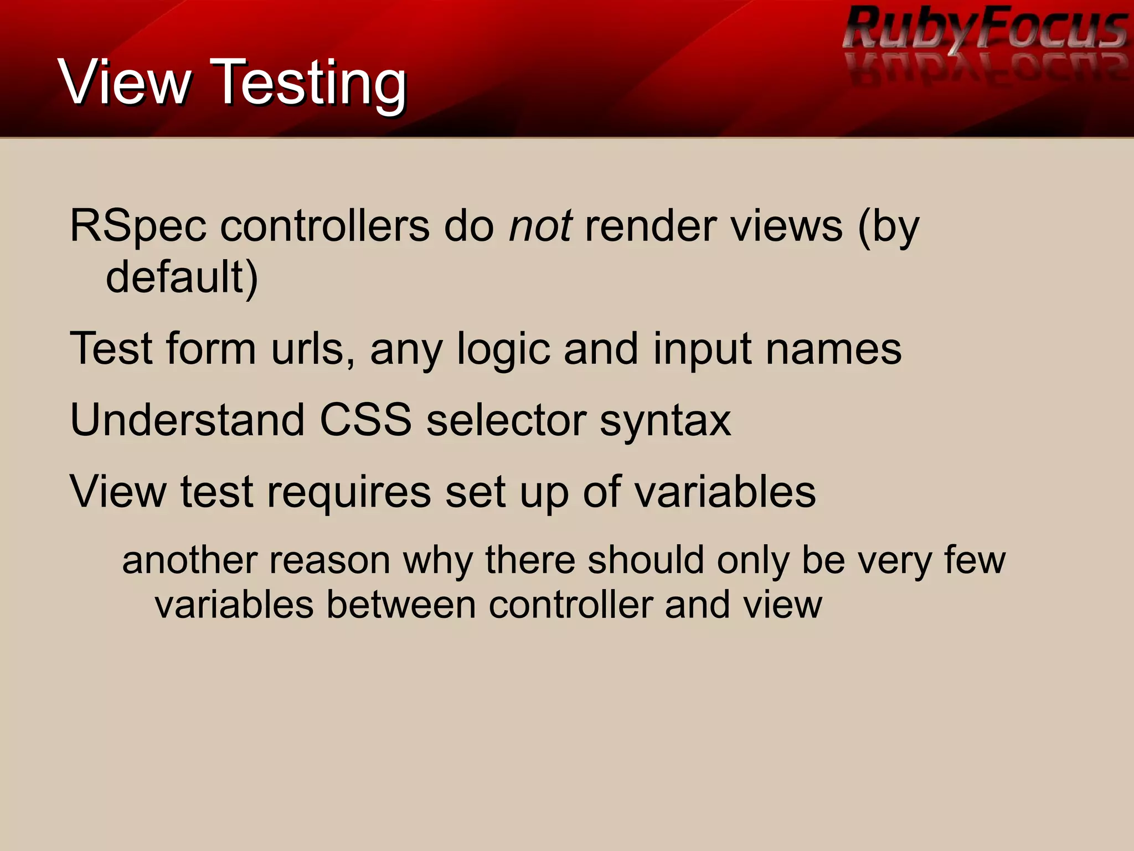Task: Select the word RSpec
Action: click(138, 227)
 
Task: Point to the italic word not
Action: click(540, 227)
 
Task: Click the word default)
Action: click(182, 277)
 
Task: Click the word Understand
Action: click(187, 420)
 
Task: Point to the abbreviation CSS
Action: click(365, 420)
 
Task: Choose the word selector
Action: click(506, 420)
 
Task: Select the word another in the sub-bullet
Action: click(188, 560)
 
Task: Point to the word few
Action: click(975, 560)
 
